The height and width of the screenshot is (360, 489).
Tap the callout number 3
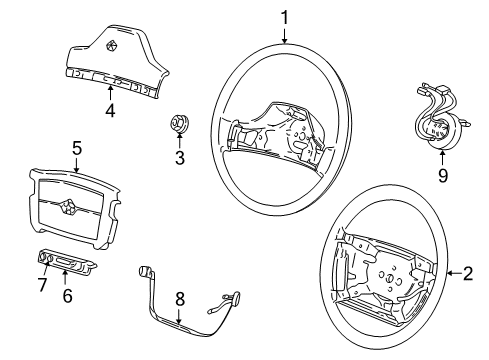pyautogui.click(x=179, y=157)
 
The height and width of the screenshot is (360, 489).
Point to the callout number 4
pyautogui.click(x=110, y=111)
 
